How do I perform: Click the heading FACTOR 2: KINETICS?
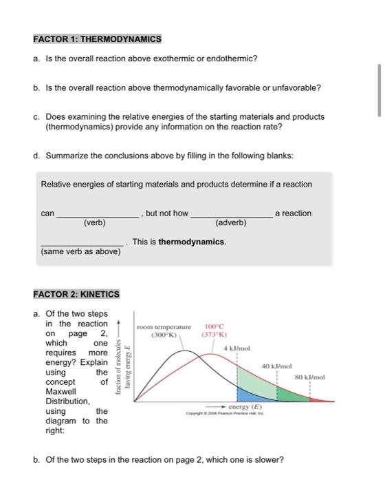[76, 294]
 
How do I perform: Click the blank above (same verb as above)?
[82, 245]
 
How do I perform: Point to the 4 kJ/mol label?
[236, 349]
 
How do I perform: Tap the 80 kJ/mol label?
[311, 377]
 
